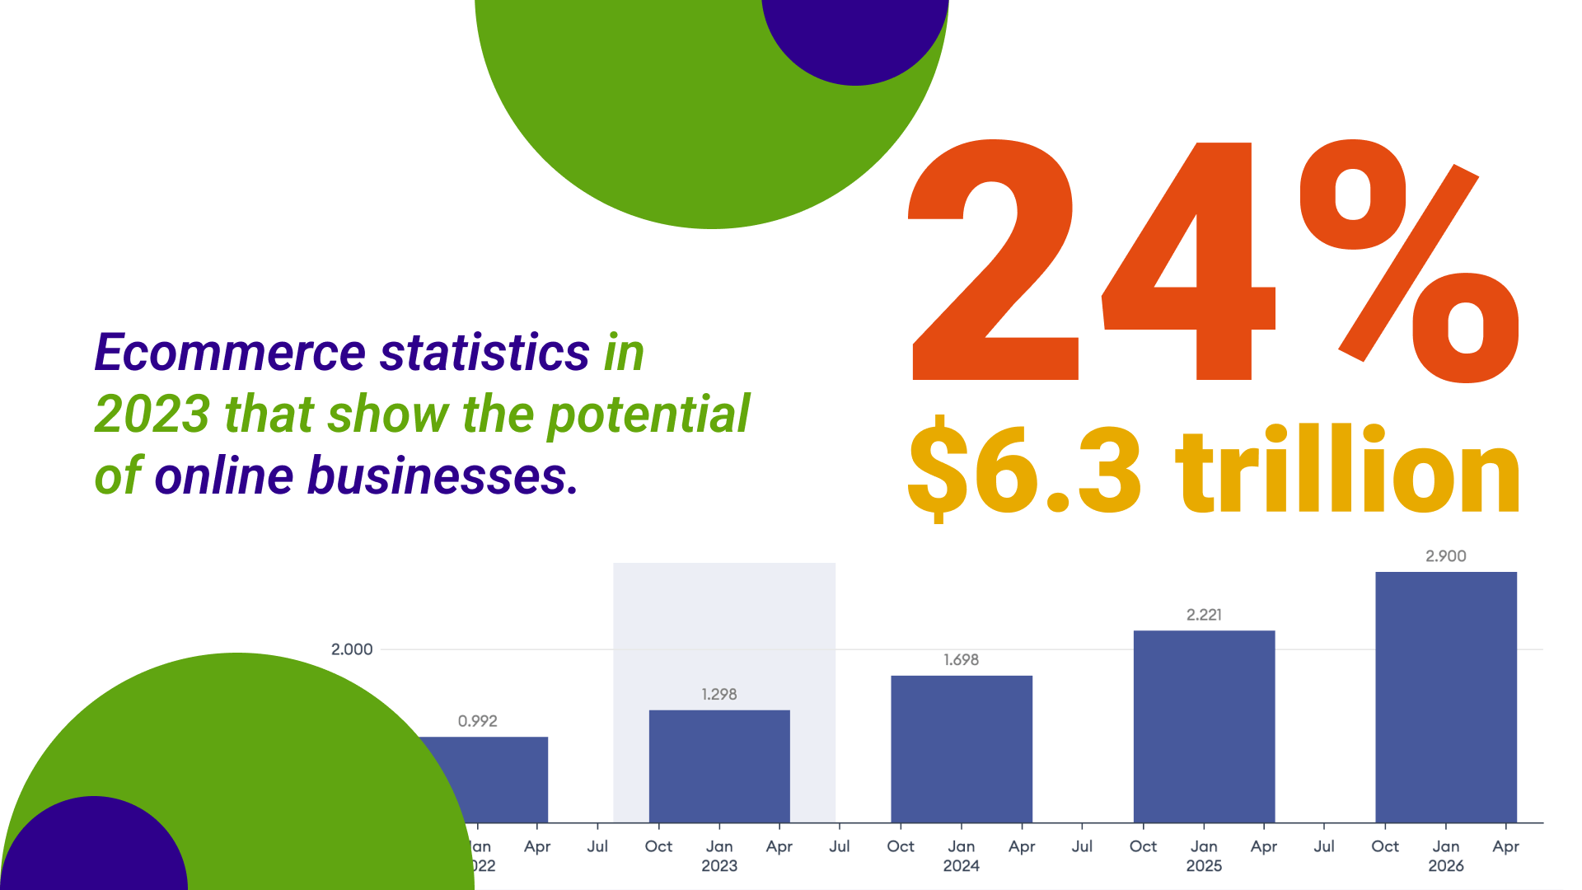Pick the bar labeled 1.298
tap(719, 766)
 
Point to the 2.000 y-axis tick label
tap(352, 649)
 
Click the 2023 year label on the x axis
tap(719, 866)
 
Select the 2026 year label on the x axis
tap(1446, 866)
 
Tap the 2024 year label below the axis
tap(962, 866)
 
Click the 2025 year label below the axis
tap(1204, 866)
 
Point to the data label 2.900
tap(1446, 556)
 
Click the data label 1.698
tap(962, 660)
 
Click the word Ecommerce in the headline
tap(230, 353)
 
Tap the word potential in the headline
tap(648, 415)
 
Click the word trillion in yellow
tap(1347, 470)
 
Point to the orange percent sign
tap(1409, 262)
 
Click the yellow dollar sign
tap(938, 470)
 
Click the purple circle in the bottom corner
tap(95, 849)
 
